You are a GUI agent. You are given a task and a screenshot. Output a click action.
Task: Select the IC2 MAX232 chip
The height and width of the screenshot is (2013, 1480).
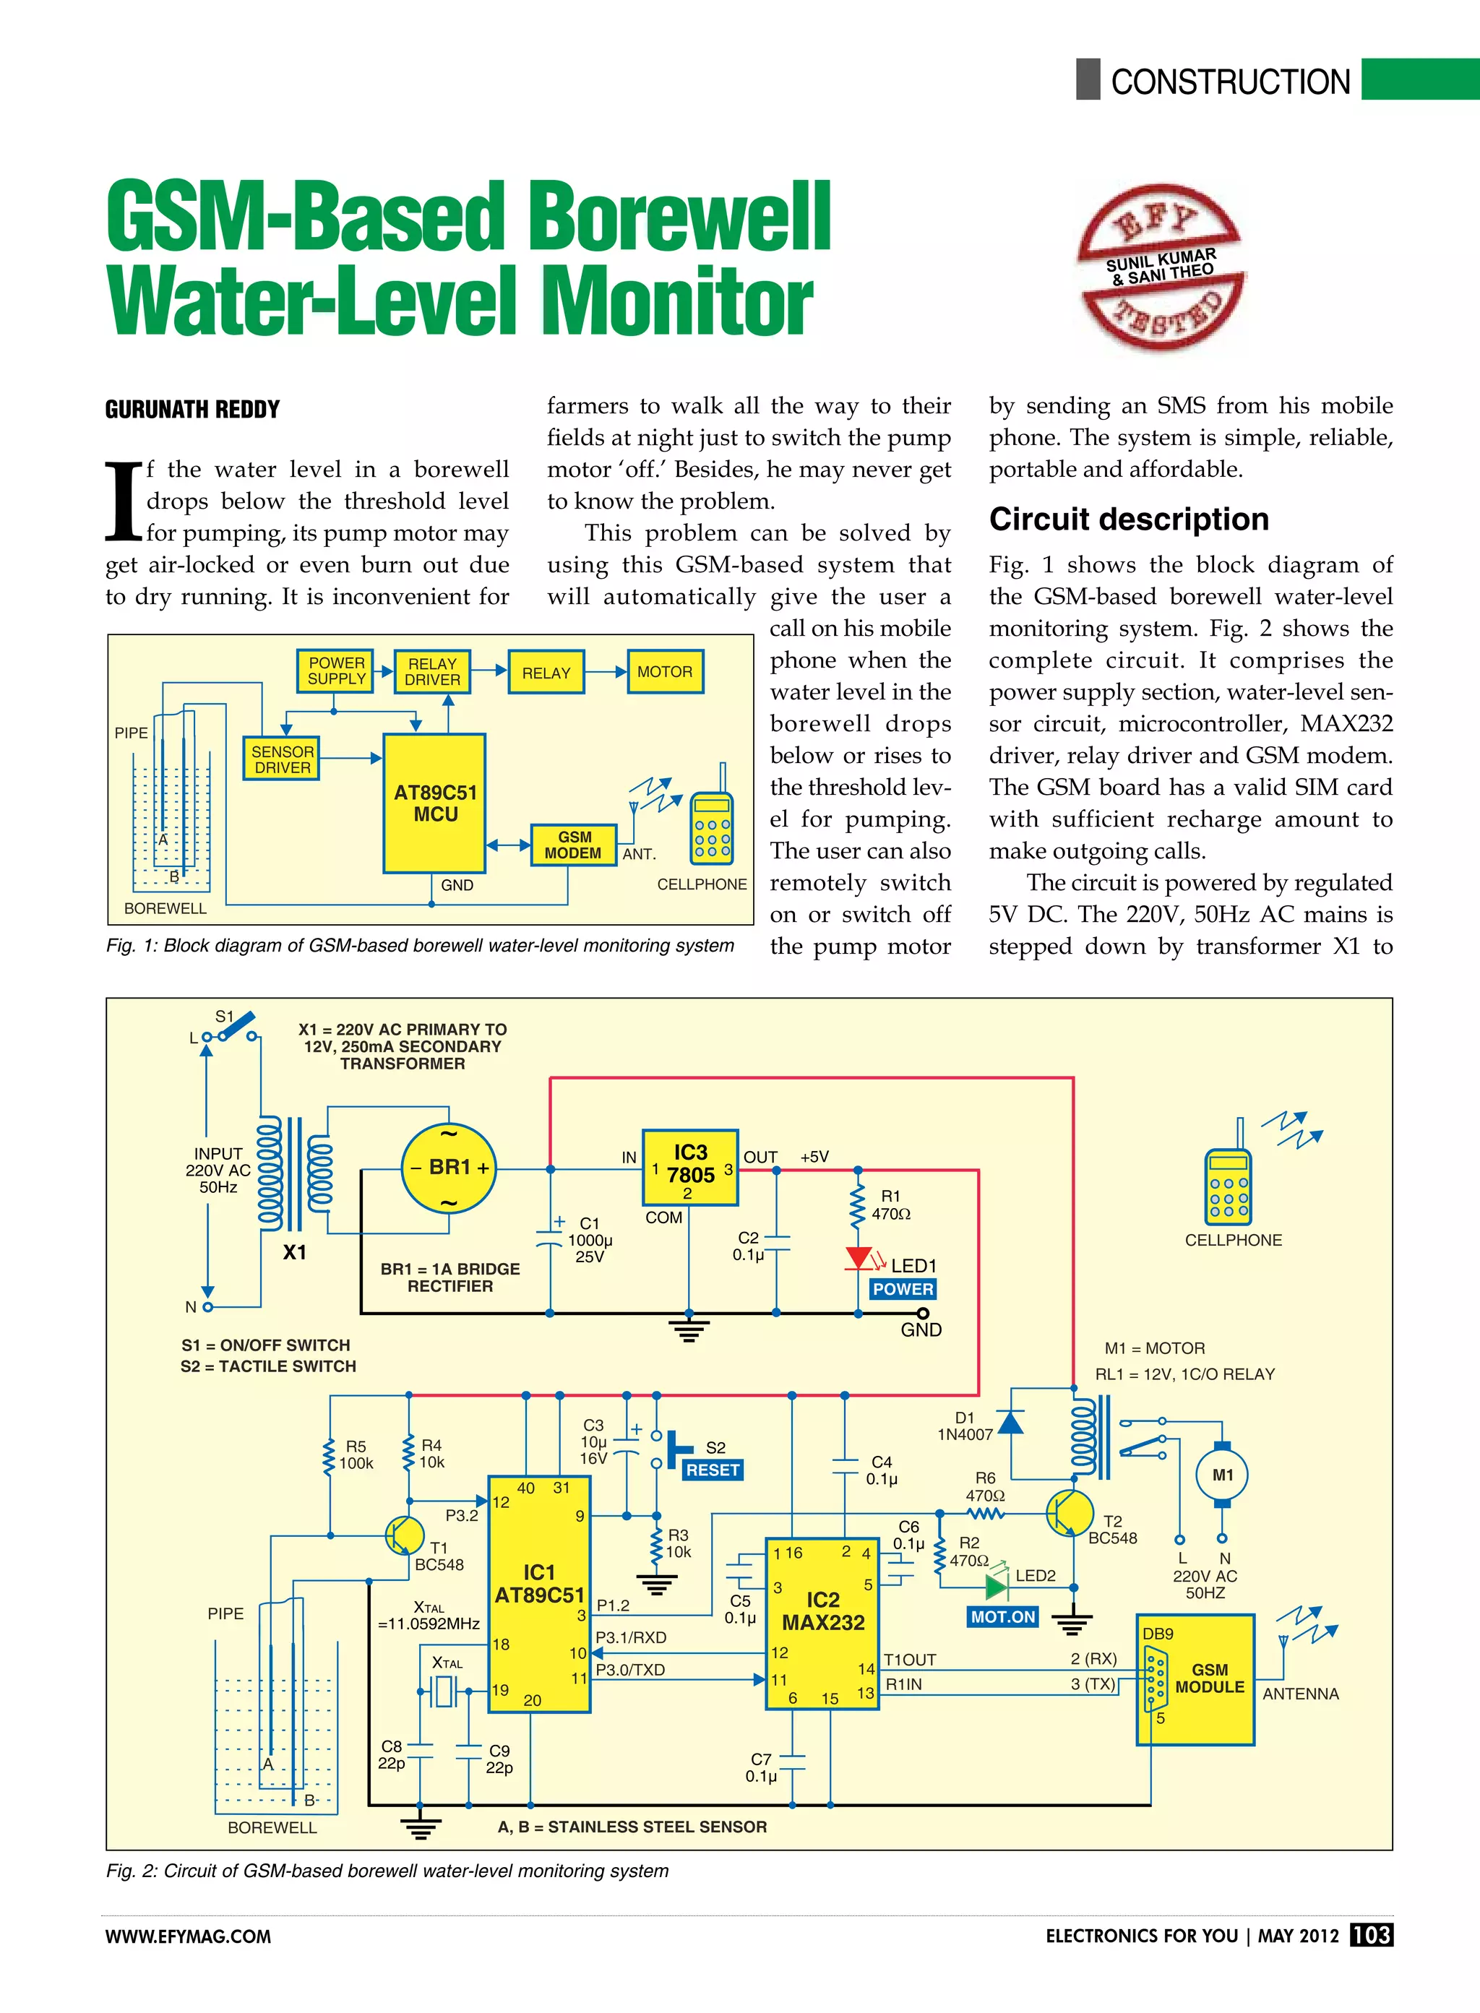pyautogui.click(x=822, y=1624)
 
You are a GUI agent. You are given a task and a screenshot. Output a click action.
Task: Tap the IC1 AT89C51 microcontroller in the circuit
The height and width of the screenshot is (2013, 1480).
pyautogui.click(x=538, y=1594)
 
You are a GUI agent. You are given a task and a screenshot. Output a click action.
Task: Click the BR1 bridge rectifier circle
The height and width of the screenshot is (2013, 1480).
pyautogui.click(x=448, y=1168)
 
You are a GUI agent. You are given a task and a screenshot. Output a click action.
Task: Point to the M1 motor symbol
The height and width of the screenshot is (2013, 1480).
pyautogui.click(x=1222, y=1475)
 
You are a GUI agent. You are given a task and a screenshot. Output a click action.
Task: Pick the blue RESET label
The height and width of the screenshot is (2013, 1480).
pyautogui.click(x=713, y=1470)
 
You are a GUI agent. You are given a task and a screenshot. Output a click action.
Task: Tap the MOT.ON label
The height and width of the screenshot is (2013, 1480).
pyautogui.click(x=1002, y=1617)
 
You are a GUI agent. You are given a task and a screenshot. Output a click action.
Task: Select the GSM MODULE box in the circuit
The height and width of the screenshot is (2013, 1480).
pyautogui.click(x=1196, y=1680)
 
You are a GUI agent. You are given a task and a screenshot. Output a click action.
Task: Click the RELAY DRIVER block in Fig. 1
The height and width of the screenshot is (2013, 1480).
pyautogui.click(x=432, y=672)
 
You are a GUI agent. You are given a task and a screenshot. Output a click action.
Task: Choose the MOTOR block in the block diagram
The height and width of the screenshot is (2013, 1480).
pyautogui.click(x=665, y=672)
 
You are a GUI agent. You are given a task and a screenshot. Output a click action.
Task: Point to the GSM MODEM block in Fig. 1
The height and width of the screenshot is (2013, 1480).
pyautogui.click(x=573, y=845)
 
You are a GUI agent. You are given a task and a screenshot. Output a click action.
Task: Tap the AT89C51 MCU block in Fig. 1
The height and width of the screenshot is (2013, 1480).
pyautogui.click(x=434, y=803)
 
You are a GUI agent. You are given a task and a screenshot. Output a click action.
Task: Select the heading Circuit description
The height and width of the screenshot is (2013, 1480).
pyautogui.click(x=1129, y=520)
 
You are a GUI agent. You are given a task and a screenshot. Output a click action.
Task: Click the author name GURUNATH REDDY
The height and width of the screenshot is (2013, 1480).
pyautogui.click(x=193, y=410)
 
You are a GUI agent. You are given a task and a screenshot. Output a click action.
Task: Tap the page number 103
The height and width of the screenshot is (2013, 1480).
pyautogui.click(x=1371, y=1935)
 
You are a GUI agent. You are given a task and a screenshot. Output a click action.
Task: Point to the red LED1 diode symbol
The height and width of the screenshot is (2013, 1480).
pyautogui.click(x=859, y=1258)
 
